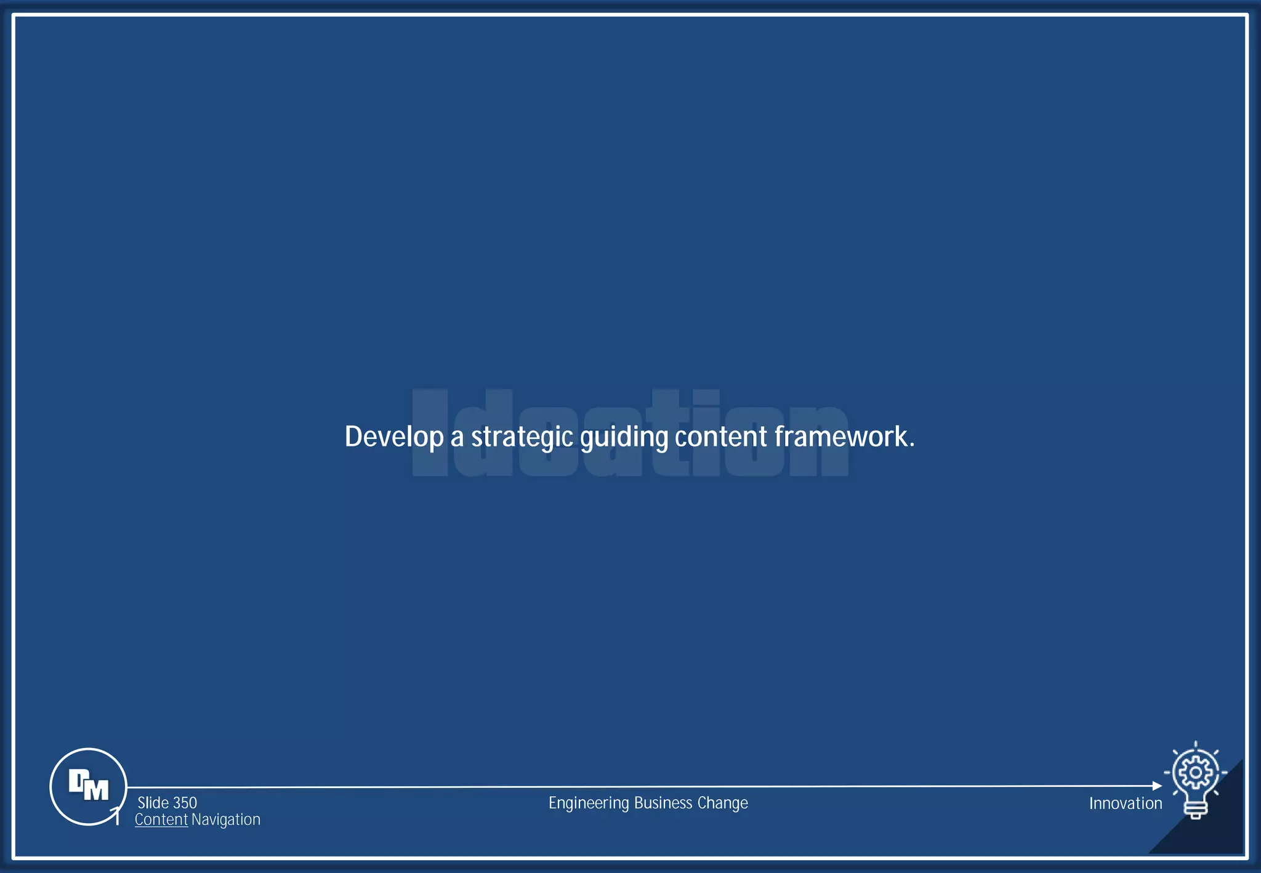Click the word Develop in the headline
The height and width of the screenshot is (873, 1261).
pos(394,437)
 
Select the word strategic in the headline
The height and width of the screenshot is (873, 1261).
pos(522,437)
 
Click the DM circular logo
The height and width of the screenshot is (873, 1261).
pos(88,786)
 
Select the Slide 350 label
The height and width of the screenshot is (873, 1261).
pos(167,803)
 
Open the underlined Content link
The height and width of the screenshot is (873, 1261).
pos(161,819)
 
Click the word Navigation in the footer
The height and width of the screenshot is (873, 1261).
pos(226,819)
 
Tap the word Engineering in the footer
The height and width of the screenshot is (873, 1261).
pos(589,803)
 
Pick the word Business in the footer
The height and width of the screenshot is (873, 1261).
pos(663,803)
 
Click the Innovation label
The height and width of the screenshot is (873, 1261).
pos(1126,803)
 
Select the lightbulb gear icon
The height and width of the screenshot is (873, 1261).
pos(1195,778)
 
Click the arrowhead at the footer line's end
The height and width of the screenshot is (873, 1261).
pos(1157,786)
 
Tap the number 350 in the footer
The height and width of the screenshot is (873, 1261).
pos(185,803)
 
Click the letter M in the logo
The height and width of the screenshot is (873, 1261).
pos(97,790)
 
